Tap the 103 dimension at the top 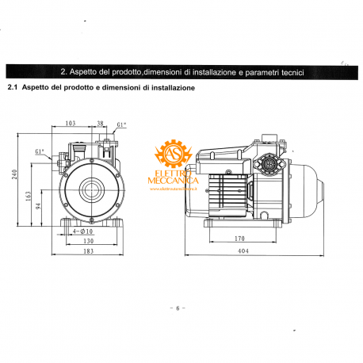(x=70, y=124)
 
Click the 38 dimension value (x=101, y=124)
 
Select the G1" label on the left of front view (x=40, y=152)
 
